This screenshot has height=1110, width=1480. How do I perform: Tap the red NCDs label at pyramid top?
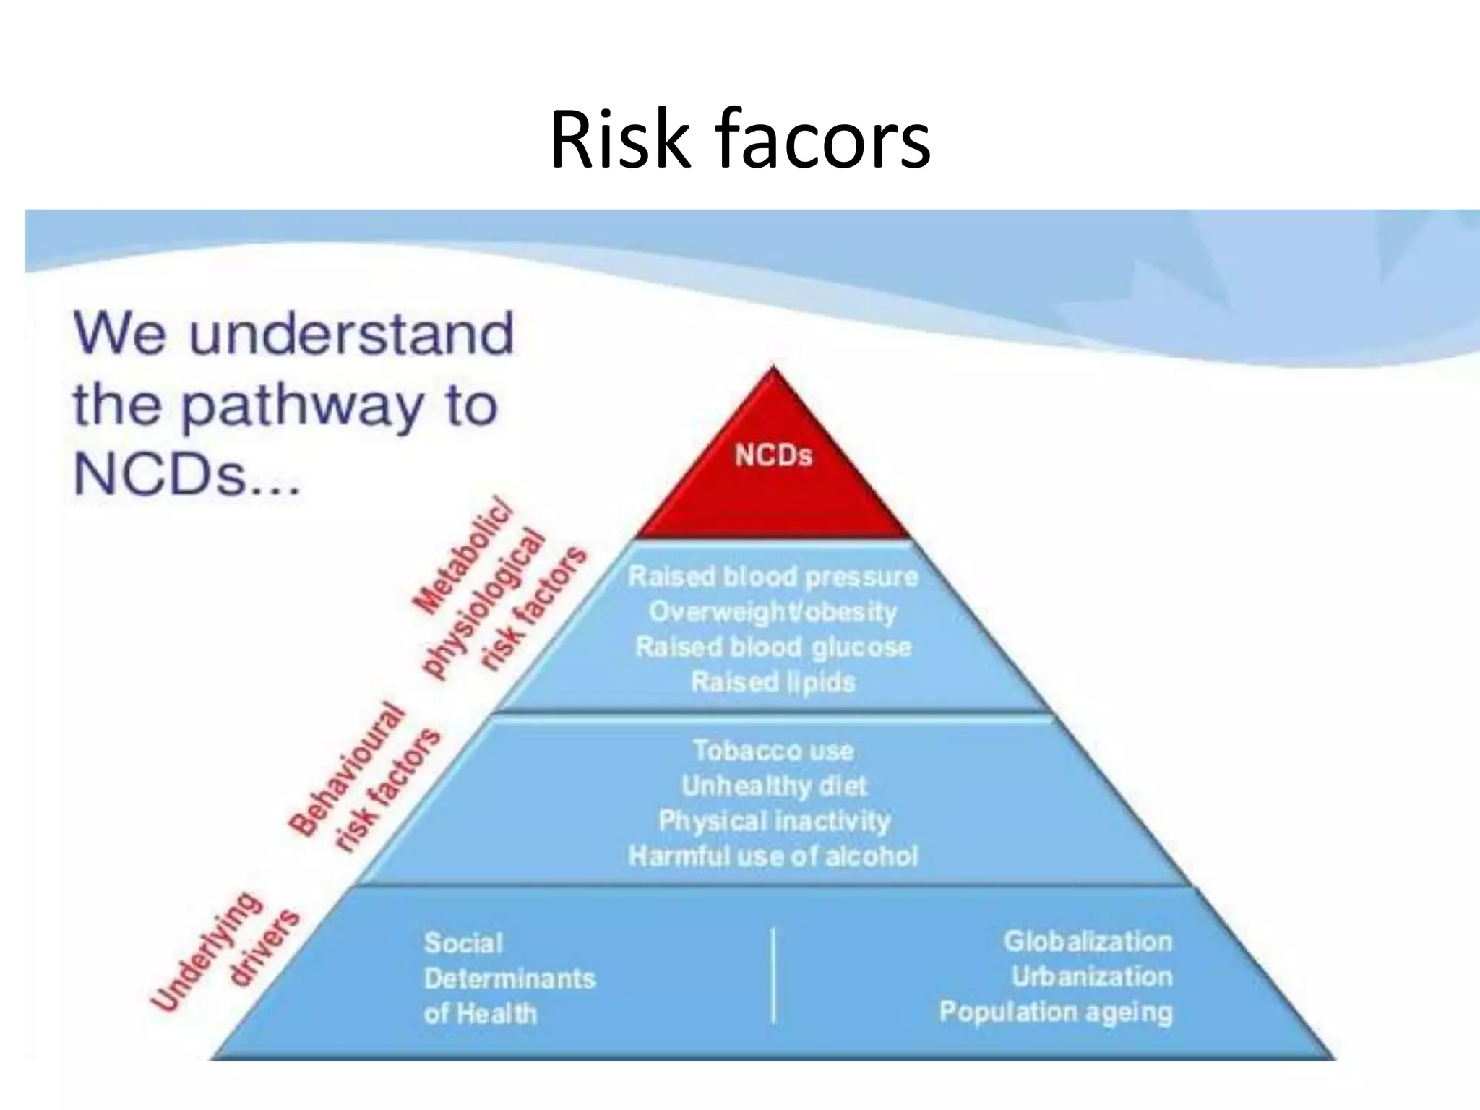pyautogui.click(x=773, y=456)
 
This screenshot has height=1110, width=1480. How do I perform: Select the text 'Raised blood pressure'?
pyautogui.click(x=773, y=577)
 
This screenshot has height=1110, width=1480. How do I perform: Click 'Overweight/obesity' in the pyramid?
pyautogui.click(x=773, y=612)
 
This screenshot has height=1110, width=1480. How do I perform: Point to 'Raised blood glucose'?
pyautogui.click(x=773, y=647)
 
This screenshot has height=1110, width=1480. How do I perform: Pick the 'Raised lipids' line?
pyautogui.click(x=773, y=681)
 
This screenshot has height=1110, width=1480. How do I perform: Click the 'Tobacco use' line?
pyautogui.click(x=773, y=750)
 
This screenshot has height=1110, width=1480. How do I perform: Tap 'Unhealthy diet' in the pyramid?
pyautogui.click(x=773, y=786)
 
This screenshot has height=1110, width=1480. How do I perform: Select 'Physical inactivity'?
pyautogui.click(x=773, y=821)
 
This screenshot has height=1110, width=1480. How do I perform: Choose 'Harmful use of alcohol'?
pyautogui.click(x=773, y=856)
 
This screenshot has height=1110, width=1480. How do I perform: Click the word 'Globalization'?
pyautogui.click(x=1088, y=941)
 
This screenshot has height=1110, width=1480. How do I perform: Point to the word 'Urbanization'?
pyautogui.click(x=1091, y=976)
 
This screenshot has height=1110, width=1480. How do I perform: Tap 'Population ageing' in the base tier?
pyautogui.click(x=1055, y=1012)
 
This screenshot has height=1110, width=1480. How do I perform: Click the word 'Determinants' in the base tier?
pyautogui.click(x=510, y=978)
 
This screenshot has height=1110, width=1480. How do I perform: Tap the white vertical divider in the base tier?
pyautogui.click(x=774, y=976)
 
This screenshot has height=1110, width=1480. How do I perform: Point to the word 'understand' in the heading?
pyautogui.click(x=352, y=334)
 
